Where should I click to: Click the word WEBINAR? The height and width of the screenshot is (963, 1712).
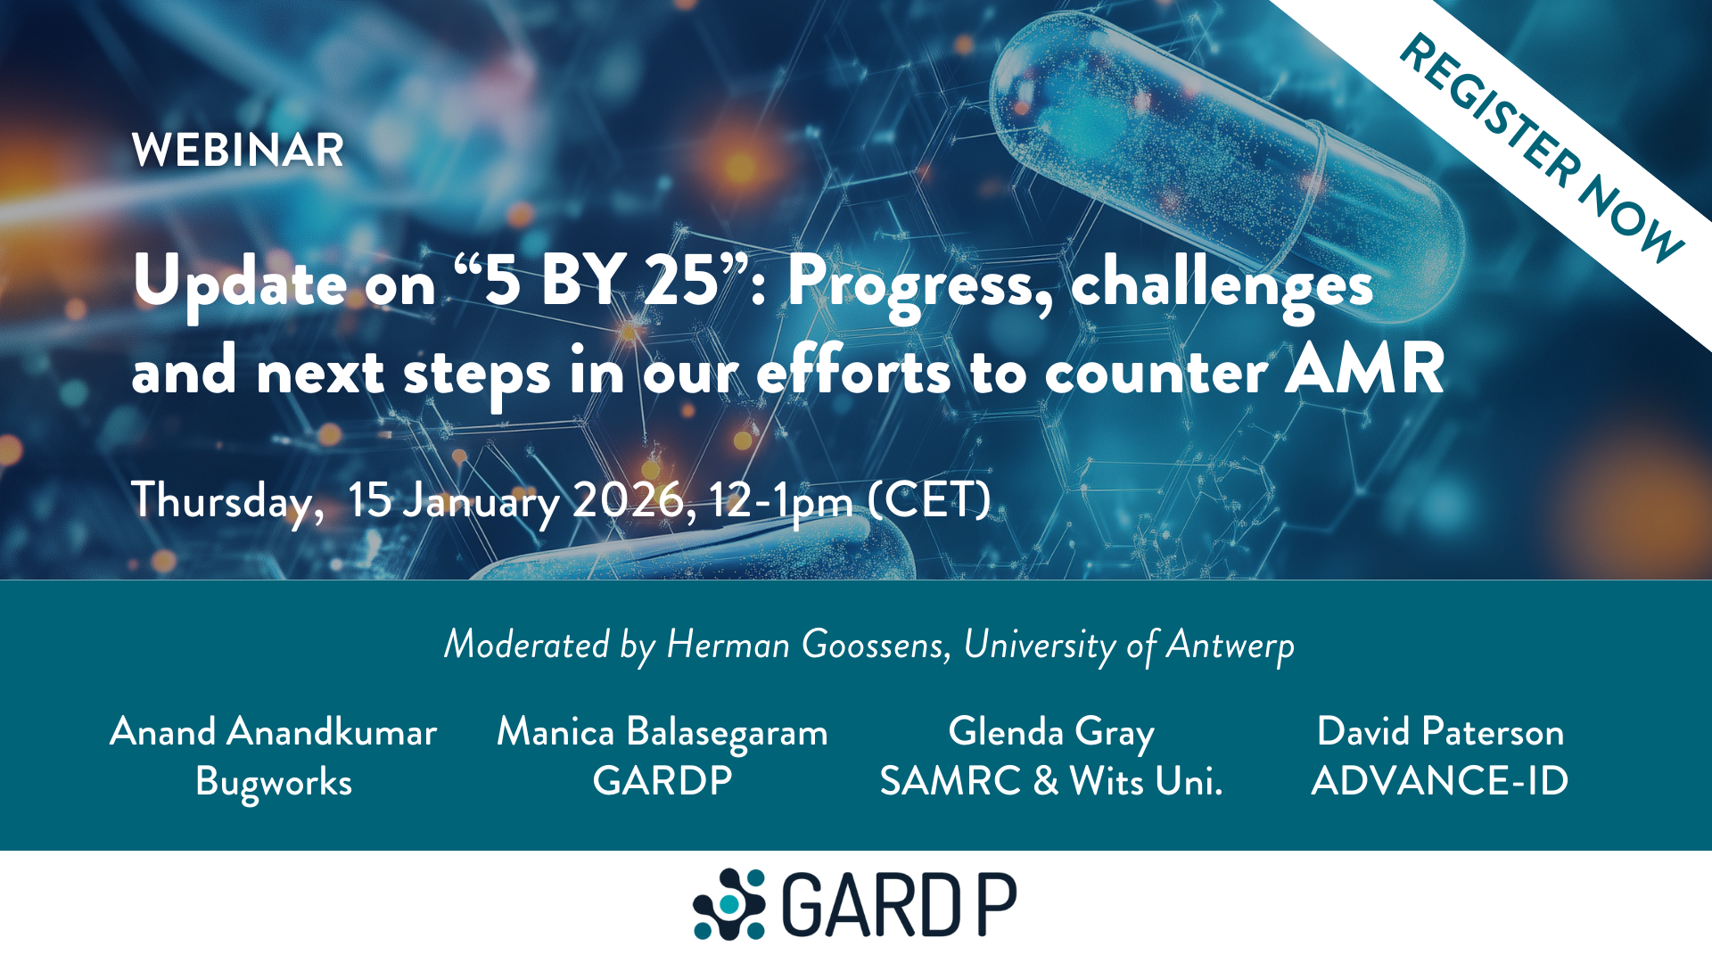237,150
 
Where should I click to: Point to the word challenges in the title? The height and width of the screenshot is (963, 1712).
1221,284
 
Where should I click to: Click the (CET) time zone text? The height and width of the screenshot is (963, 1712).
929,500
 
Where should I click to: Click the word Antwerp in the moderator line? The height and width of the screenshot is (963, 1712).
1230,645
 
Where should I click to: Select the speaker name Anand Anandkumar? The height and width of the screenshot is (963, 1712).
274,732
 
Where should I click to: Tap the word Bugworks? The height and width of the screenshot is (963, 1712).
274,782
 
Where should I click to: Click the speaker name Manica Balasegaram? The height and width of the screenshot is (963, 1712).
663,732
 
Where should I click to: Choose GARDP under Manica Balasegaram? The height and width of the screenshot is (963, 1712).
663,781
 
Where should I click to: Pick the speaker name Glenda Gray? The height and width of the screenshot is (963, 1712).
1051,732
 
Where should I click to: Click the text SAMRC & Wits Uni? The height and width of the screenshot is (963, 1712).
1051,781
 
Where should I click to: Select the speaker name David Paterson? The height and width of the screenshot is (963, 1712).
1440,732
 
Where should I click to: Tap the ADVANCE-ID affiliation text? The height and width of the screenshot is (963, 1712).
1440,781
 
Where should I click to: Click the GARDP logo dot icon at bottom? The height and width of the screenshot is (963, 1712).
729,904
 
